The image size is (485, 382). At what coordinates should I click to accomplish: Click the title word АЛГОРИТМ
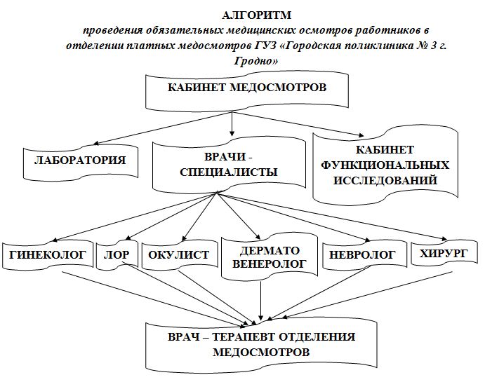(x=256, y=15)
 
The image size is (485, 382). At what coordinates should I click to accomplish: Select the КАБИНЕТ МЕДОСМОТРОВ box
(x=247, y=91)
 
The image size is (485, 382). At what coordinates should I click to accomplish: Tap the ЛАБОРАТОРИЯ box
(x=81, y=161)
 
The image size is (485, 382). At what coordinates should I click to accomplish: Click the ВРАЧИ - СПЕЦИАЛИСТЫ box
(x=229, y=165)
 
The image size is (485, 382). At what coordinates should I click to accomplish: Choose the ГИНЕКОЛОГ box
(x=48, y=255)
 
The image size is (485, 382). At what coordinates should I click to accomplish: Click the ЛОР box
(x=117, y=255)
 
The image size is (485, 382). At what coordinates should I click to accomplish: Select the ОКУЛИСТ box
(x=180, y=255)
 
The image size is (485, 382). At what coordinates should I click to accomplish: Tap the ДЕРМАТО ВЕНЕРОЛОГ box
(x=270, y=257)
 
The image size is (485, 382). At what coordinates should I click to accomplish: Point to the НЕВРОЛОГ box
(x=365, y=255)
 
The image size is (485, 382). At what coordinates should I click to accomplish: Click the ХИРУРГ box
(x=444, y=254)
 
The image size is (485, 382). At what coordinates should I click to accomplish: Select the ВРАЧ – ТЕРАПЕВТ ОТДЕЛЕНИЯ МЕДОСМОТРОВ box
(x=261, y=344)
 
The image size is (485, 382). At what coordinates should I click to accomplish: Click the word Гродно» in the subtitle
(x=256, y=60)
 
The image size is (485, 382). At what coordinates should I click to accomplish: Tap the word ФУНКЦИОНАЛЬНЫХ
(x=385, y=165)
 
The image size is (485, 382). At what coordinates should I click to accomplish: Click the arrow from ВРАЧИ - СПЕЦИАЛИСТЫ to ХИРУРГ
(x=332, y=217)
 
